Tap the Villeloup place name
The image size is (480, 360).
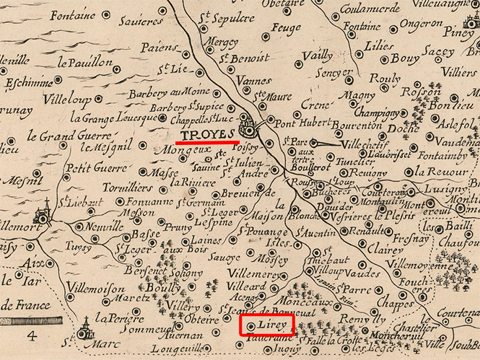68,100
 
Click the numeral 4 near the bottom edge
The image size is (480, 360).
31,335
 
